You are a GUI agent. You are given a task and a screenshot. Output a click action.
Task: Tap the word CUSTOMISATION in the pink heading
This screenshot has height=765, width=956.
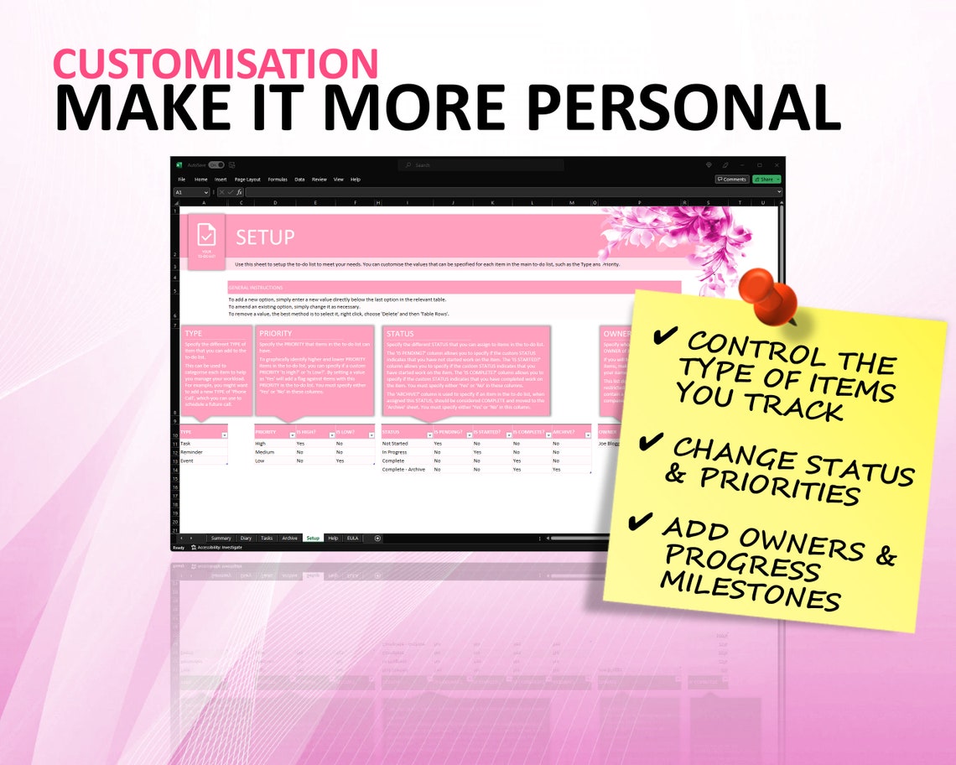216,64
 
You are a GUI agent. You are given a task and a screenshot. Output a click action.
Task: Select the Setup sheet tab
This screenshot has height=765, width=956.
313,538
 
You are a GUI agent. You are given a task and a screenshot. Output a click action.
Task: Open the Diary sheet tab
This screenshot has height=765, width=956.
246,538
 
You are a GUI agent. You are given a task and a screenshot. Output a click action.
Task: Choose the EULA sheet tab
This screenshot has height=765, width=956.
353,538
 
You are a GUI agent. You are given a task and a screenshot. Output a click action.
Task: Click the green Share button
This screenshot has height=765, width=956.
766,179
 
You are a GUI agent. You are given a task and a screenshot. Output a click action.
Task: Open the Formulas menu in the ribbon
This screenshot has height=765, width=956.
278,180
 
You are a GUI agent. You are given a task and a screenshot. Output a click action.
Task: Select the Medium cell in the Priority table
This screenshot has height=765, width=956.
265,451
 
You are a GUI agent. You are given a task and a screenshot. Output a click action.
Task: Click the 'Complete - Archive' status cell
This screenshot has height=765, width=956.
403,469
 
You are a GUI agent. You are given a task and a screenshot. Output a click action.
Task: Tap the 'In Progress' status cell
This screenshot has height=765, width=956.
396,451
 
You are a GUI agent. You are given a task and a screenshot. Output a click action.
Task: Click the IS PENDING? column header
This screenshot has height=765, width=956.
448,432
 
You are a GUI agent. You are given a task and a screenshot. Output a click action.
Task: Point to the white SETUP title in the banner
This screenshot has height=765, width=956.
265,238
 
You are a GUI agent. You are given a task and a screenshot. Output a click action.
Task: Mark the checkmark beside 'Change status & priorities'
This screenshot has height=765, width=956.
650,441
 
